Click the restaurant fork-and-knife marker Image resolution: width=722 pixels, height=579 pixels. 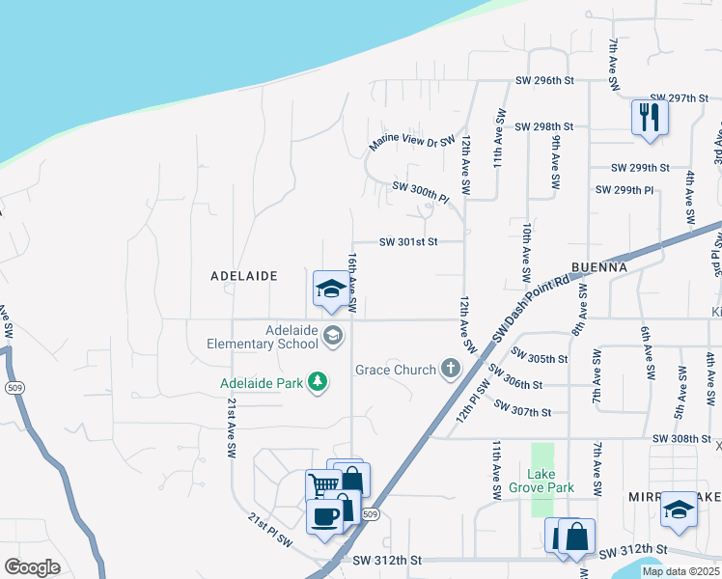click(650, 118)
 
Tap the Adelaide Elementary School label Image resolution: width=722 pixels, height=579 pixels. click(263, 336)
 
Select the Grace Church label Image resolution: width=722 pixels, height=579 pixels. click(396, 370)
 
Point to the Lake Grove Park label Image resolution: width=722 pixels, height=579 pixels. click(541, 480)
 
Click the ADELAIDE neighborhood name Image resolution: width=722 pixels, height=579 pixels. click(244, 276)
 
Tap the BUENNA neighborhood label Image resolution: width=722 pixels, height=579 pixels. click(599, 266)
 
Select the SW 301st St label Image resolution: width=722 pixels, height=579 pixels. click(408, 242)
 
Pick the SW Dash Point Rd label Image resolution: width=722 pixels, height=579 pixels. click(533, 308)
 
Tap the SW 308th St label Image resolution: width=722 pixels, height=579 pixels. click(681, 438)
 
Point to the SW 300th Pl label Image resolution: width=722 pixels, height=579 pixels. click(421, 191)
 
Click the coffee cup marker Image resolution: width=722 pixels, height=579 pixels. click(325, 516)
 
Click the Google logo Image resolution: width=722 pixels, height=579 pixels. click(32, 567)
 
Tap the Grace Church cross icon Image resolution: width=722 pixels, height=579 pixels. click(450, 368)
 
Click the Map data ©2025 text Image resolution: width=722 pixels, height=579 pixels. click(680, 571)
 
